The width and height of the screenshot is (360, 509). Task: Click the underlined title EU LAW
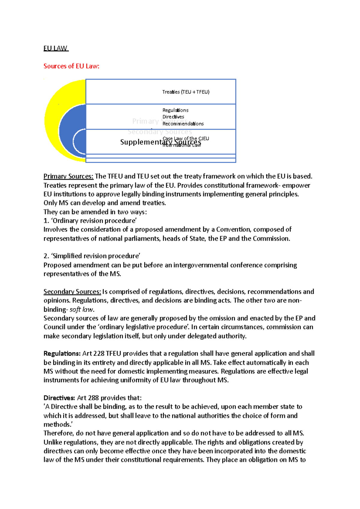click(x=56, y=48)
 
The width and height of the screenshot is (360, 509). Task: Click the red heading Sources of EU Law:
click(x=71, y=66)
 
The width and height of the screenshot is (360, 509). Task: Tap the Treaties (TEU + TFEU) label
click(x=186, y=92)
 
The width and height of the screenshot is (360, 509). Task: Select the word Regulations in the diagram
click(x=175, y=110)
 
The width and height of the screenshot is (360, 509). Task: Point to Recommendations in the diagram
click(x=183, y=124)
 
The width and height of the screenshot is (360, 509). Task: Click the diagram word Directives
click(x=173, y=117)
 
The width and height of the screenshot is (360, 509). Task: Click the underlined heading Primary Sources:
click(x=68, y=176)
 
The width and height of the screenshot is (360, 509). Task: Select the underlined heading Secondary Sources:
click(x=72, y=292)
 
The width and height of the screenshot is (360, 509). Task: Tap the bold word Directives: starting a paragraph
click(x=59, y=398)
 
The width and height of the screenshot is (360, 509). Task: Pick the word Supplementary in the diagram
click(x=141, y=142)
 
